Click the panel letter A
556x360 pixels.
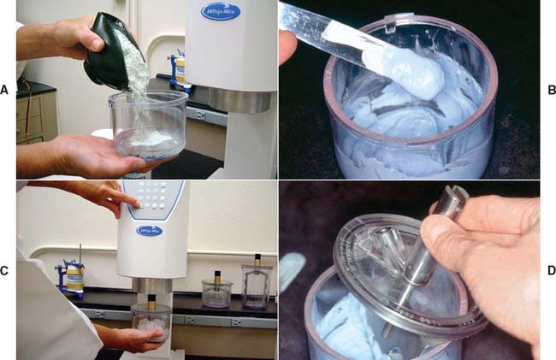pyautogui.click(x=4, y=90)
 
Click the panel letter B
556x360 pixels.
pyautogui.click(x=552, y=90)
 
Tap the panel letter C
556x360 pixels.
pyautogui.click(x=4, y=271)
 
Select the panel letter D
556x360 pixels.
pyautogui.click(x=552, y=271)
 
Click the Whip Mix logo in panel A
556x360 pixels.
pyautogui.click(x=220, y=11)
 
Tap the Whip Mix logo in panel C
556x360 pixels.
pyautogui.click(x=150, y=231)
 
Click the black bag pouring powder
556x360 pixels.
pyautogui.click(x=114, y=51)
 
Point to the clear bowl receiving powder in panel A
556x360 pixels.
pyautogui.click(x=148, y=124)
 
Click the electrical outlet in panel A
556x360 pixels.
pyautogui.click(x=200, y=115)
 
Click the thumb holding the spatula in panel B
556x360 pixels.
pyautogui.click(x=287, y=42)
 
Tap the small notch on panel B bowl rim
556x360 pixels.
pyautogui.click(x=390, y=27)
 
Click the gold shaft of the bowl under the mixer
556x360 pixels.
pyautogui.click(x=151, y=302)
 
